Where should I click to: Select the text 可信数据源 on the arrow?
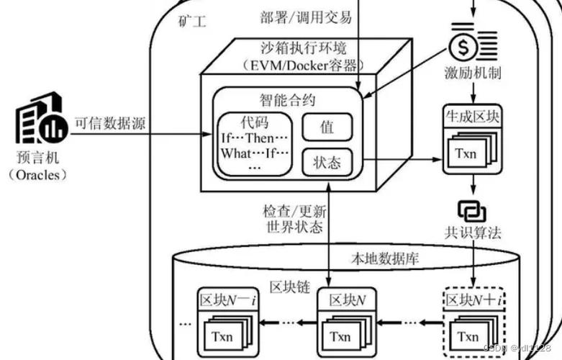pyautogui.click(x=110, y=123)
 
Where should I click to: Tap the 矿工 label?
pyautogui.click(x=191, y=22)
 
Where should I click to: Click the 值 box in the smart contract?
pyautogui.click(x=327, y=127)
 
